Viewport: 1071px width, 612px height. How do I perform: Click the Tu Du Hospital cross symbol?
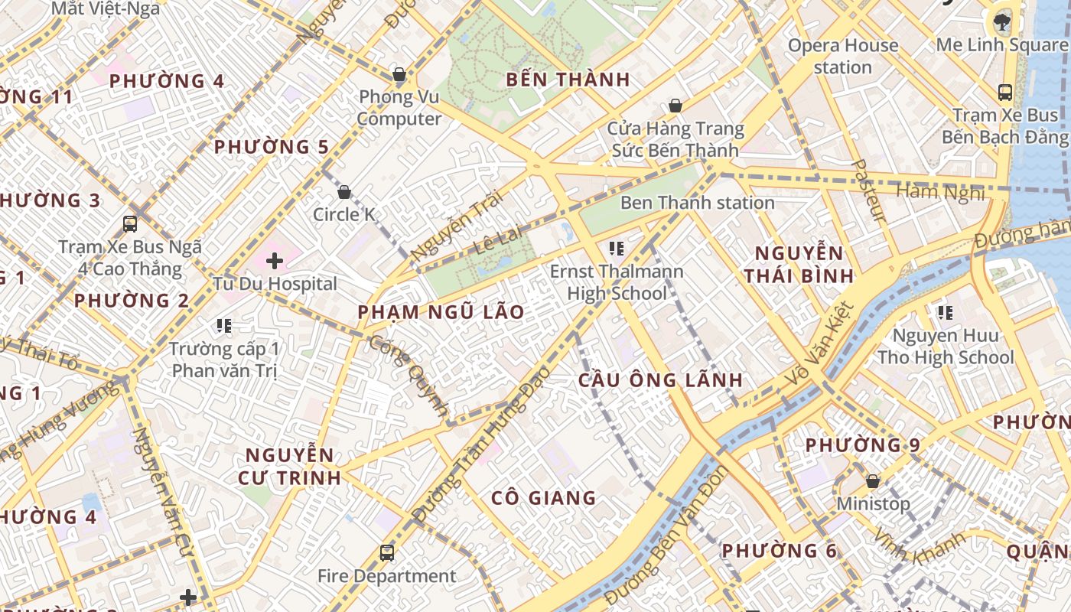click(x=274, y=261)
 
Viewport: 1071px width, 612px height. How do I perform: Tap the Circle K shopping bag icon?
click(x=344, y=191)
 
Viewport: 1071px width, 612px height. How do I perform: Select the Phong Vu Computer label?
click(x=399, y=108)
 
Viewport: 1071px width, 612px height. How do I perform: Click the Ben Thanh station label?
click(x=697, y=203)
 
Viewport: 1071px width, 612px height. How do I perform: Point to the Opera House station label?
click(x=843, y=56)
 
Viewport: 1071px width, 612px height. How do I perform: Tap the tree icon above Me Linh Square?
click(x=1002, y=21)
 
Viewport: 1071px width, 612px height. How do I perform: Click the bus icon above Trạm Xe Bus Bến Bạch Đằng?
click(x=1005, y=93)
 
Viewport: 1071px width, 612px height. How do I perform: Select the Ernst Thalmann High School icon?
click(x=616, y=249)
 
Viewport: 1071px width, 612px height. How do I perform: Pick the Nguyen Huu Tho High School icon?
click(x=946, y=313)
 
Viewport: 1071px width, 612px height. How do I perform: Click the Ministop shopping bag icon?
click(x=872, y=481)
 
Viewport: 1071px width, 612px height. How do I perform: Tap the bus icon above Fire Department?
click(x=387, y=552)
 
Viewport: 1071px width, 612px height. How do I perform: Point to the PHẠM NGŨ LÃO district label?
click(x=441, y=312)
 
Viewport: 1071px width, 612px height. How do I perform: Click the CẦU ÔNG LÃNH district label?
click(x=660, y=380)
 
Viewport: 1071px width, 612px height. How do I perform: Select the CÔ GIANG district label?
click(x=543, y=498)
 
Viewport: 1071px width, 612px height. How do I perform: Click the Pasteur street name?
click(x=868, y=190)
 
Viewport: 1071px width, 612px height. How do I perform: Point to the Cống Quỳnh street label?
click(x=409, y=376)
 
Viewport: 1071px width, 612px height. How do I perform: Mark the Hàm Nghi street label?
click(x=940, y=192)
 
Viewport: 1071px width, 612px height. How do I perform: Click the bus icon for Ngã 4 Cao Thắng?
click(x=130, y=224)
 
